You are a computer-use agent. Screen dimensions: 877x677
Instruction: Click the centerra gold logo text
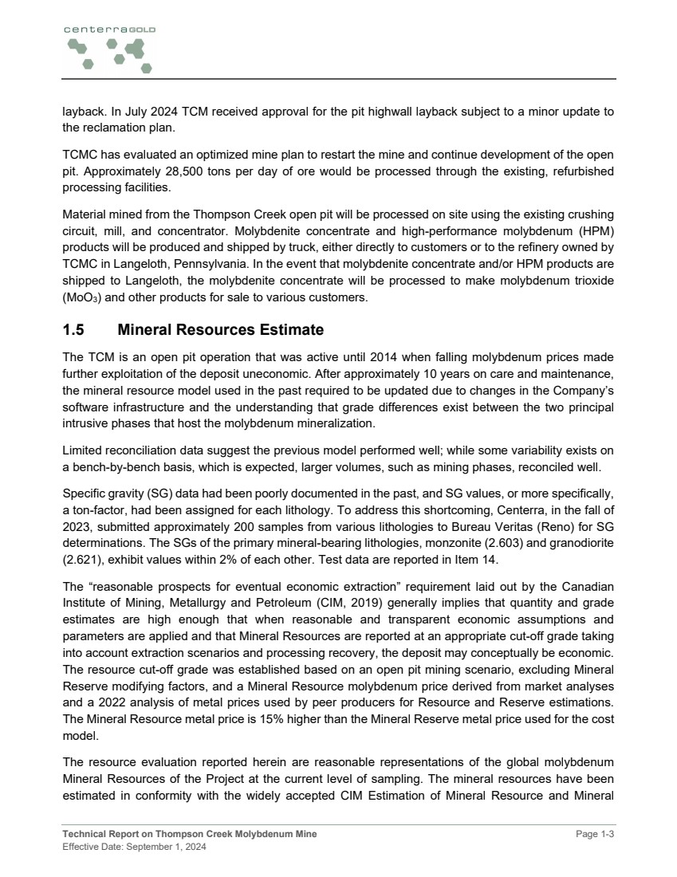(x=109, y=29)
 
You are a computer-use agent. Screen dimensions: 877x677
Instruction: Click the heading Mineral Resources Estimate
(x=220, y=330)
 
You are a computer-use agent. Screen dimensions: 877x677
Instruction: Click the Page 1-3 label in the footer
(x=596, y=834)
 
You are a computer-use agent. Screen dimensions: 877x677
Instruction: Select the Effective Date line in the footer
(x=134, y=847)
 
